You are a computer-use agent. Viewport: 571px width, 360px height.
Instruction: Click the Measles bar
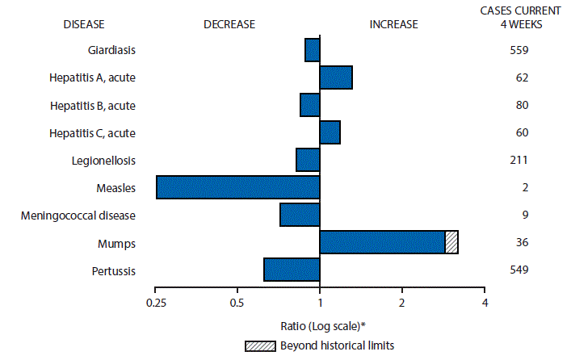(237, 187)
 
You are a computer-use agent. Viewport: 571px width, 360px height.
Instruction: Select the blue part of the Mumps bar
(382, 242)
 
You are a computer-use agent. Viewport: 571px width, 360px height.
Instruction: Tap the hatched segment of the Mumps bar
(451, 242)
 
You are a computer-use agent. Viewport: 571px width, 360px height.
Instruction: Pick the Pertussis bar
(292, 270)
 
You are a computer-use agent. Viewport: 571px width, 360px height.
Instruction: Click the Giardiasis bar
(312, 50)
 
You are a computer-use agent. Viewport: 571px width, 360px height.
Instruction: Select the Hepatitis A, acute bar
(335, 77)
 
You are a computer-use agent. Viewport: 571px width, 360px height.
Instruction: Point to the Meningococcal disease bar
(300, 215)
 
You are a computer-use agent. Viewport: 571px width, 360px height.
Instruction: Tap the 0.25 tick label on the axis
(156, 303)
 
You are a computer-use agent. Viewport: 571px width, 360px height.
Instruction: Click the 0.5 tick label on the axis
(237, 303)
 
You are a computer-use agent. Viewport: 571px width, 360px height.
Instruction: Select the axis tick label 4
(484, 303)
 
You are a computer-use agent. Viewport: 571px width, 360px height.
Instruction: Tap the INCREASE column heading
(393, 24)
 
